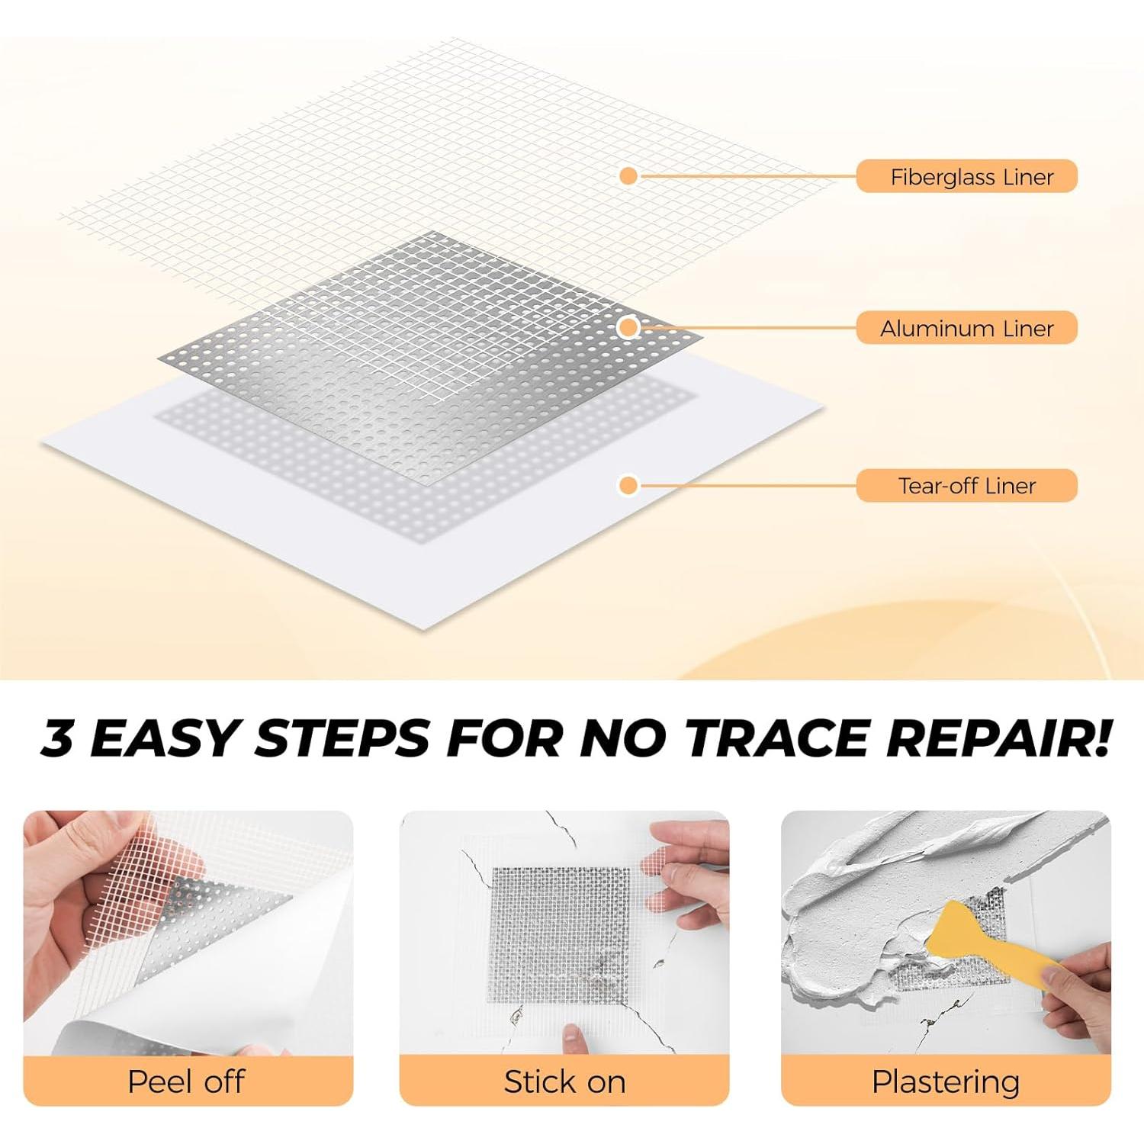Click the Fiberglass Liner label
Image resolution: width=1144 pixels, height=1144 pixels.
point(966,177)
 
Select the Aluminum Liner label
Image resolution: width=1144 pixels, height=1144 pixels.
point(966,328)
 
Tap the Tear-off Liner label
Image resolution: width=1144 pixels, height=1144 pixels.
point(966,486)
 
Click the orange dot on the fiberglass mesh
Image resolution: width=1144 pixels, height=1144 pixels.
point(628,176)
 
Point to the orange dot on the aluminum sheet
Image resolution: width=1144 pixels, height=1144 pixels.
point(628,327)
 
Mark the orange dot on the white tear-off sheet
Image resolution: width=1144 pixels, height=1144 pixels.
point(628,485)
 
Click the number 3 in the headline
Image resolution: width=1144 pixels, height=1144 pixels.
point(58,738)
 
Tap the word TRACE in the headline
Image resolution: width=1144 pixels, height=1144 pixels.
point(778,738)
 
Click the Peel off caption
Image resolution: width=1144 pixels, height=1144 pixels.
point(186,1081)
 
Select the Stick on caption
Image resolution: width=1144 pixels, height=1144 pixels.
point(564,1081)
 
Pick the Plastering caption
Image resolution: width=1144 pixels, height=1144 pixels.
point(946,1081)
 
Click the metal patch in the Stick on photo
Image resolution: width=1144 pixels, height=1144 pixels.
point(561,934)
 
